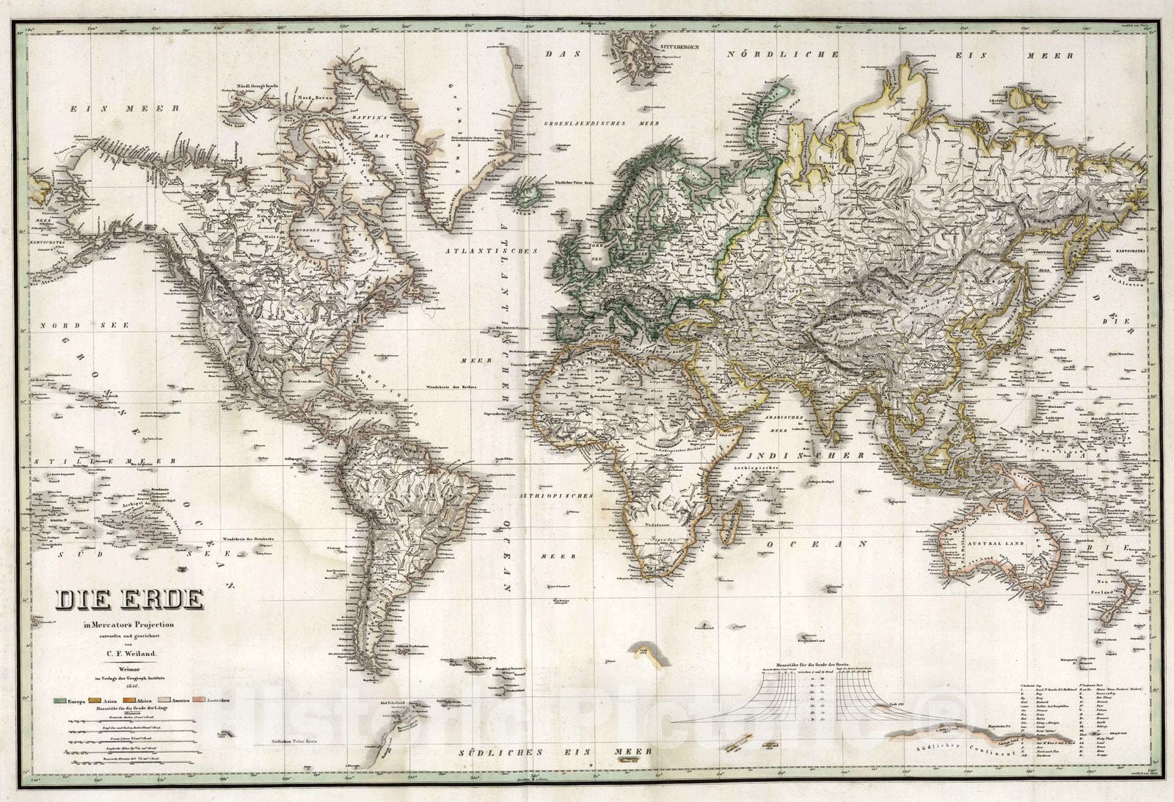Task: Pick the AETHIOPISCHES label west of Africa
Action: pyautogui.click(x=555, y=496)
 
